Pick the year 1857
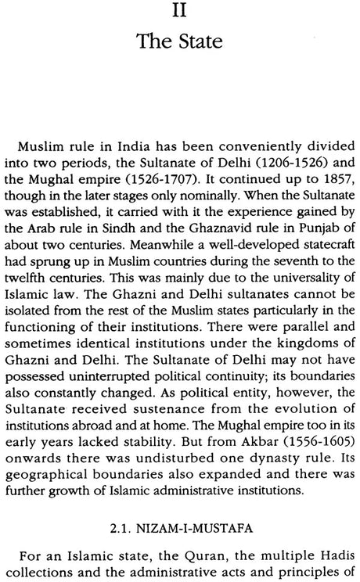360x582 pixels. [324, 187]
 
